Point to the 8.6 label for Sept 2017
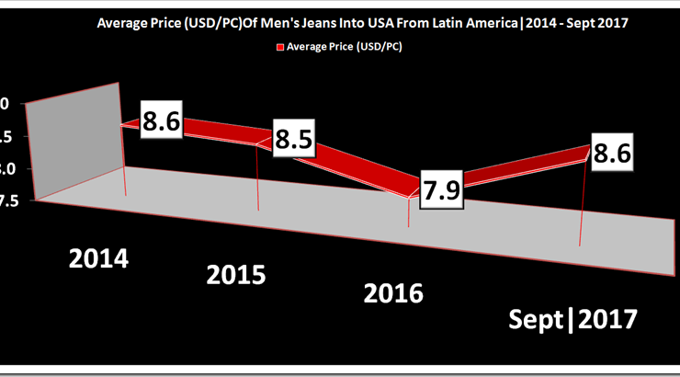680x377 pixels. pos(612,155)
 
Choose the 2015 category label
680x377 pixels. pos(236,274)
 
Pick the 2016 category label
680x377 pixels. pos(393,293)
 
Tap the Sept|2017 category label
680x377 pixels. pos(573,320)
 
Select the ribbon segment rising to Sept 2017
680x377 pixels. pos(515,168)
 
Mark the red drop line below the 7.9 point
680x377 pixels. pos(408,213)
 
